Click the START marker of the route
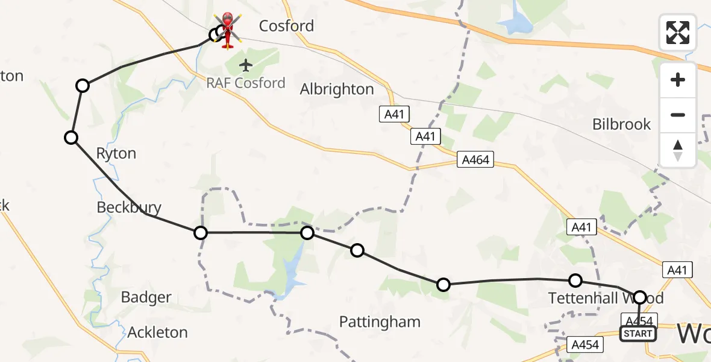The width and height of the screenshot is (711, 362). coord(638,334)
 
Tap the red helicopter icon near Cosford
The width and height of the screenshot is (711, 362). coord(228,28)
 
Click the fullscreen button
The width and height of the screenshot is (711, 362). coord(678,32)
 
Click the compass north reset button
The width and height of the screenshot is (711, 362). coord(678,150)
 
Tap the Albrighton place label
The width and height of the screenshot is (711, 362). coord(337,89)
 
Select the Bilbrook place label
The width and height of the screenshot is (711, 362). coord(621,124)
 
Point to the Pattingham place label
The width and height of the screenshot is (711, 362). coord(380,322)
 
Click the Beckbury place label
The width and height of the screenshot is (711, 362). coord(129,208)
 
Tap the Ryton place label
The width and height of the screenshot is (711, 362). coord(116,154)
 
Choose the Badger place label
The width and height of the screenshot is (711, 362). coord(146,297)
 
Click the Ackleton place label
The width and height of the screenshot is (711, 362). coord(157,332)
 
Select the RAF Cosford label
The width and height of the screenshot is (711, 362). coord(246,83)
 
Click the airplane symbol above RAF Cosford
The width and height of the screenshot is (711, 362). coord(246,65)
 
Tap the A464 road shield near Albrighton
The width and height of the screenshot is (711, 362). coord(475,160)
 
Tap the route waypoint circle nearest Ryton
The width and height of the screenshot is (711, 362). coord(71,138)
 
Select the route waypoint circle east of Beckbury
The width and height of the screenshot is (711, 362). coord(201,232)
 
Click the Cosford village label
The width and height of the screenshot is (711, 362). coord(286,26)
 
